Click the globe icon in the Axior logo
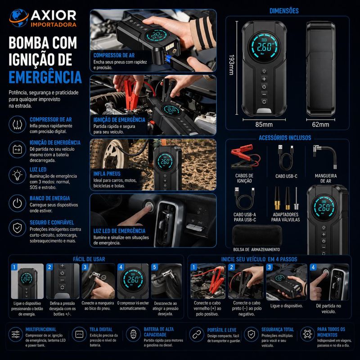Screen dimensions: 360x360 tap(19, 18)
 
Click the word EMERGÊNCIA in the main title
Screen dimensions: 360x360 tap(45, 77)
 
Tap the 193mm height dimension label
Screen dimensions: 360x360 tap(231, 65)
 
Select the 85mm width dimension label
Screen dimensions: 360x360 tap(264, 125)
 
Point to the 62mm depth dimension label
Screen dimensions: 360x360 tap(320, 125)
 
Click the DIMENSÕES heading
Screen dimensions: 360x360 tap(284, 11)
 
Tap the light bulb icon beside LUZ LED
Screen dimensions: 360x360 tap(18, 175)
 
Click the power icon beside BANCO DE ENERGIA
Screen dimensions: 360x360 tap(18, 203)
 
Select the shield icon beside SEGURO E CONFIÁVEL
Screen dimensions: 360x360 tap(18, 228)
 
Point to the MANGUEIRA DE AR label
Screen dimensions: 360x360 tap(325, 178)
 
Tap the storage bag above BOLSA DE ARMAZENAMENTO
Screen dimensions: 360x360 tap(257, 235)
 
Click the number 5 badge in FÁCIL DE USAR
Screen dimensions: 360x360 tap(154, 267)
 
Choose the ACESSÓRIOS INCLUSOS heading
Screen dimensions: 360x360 tap(285, 138)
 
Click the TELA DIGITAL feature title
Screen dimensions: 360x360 tap(101, 329)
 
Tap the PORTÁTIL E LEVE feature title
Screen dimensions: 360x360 tap(222, 330)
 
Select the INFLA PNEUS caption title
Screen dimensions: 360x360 tap(107, 174)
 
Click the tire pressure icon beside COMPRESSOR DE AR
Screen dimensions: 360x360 tap(18, 125)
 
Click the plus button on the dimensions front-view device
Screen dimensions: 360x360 tap(264, 79)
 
